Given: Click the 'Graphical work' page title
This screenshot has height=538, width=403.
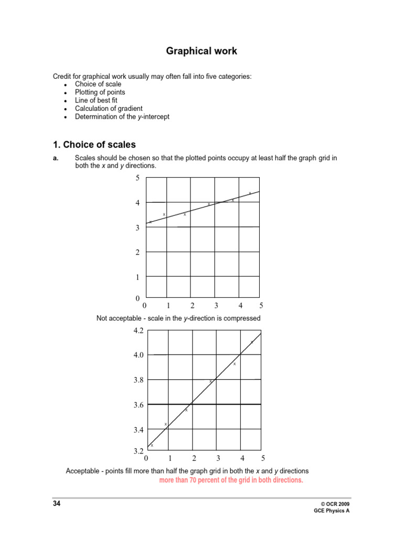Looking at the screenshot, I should pyautogui.click(x=201, y=51).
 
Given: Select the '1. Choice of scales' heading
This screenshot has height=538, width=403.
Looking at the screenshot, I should pyautogui.click(x=94, y=144).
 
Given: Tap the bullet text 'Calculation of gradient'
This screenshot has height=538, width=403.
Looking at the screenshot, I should pyautogui.click(x=109, y=108).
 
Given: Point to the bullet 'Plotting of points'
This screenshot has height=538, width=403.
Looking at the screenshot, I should pyautogui.click(x=100, y=92).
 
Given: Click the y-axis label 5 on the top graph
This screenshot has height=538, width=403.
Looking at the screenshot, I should pyautogui.click(x=137, y=178).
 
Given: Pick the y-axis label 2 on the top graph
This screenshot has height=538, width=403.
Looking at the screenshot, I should pyautogui.click(x=137, y=252).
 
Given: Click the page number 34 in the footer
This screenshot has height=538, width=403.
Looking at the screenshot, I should pyautogui.click(x=56, y=503).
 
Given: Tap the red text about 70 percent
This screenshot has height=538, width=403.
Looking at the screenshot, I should pyautogui.click(x=231, y=480).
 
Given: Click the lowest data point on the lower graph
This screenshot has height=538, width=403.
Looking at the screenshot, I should pyautogui.click(x=152, y=446).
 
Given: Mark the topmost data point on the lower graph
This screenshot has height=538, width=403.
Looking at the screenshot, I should pyautogui.click(x=252, y=342).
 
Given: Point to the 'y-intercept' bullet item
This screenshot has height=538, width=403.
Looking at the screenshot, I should pyautogui.click(x=122, y=117).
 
